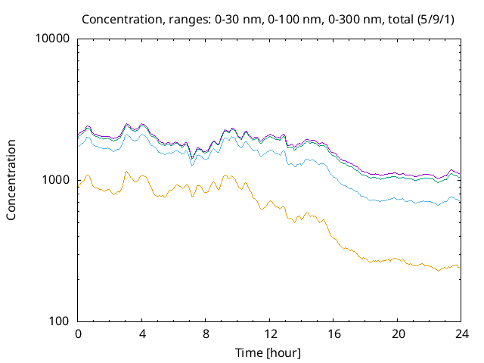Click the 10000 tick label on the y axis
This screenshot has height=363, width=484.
point(54,39)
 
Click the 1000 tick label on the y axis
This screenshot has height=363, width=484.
point(57,180)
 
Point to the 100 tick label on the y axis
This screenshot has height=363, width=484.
point(60,321)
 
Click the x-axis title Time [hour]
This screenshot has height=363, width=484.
point(268,353)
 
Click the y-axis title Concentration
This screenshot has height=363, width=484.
point(12,180)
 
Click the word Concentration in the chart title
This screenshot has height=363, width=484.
point(116,18)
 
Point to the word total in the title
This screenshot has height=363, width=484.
point(396,18)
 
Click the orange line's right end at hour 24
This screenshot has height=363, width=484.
point(459,267)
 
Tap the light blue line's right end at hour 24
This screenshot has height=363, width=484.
point(459,200)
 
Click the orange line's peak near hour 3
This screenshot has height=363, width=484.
point(126,172)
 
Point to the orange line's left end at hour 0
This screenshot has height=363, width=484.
point(78,186)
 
